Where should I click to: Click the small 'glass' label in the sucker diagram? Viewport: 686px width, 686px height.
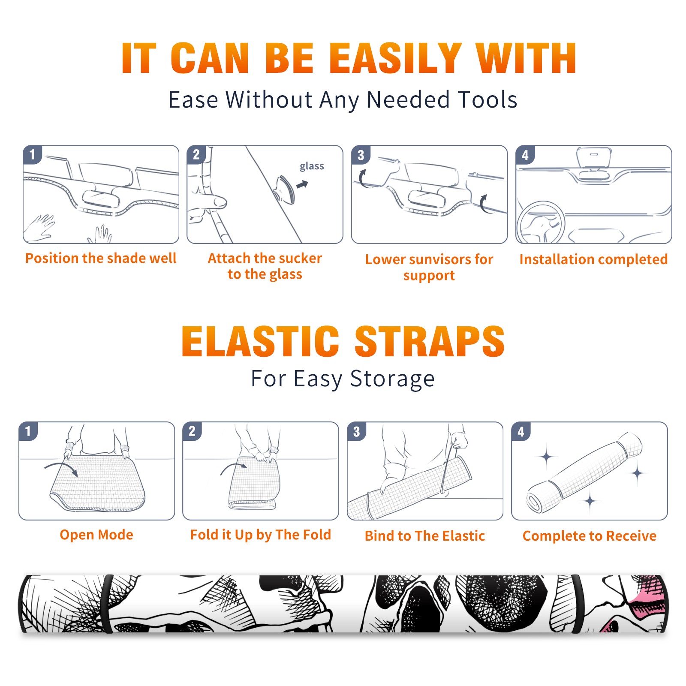[312, 166]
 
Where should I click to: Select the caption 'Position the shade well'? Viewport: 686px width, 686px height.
[101, 258]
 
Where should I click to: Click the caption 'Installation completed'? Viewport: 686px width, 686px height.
[593, 259]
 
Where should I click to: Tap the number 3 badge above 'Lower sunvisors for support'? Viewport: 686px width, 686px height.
[361, 155]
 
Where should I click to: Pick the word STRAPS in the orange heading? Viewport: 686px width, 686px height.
[430, 341]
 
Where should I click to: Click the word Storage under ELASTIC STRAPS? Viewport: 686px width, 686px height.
[392, 379]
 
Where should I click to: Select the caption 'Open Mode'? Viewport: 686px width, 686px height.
[96, 535]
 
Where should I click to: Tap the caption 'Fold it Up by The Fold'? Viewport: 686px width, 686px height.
[261, 535]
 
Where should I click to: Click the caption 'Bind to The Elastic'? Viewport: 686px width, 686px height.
[425, 536]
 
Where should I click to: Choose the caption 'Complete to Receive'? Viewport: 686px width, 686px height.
[590, 536]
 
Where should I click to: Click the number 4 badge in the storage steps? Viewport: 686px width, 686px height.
[521, 431]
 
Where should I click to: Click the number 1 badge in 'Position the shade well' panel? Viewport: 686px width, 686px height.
[33, 155]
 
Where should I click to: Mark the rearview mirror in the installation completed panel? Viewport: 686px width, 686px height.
[594, 157]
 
